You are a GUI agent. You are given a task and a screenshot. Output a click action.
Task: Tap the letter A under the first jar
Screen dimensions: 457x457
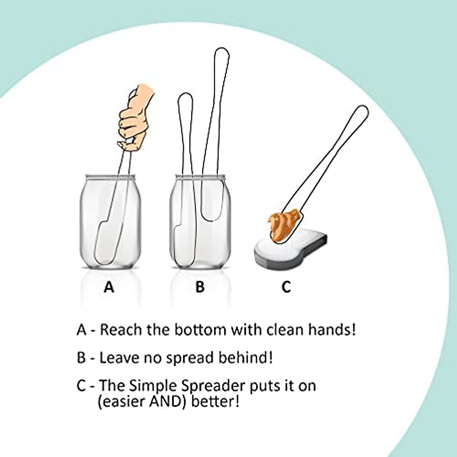pyautogui.click(x=109, y=287)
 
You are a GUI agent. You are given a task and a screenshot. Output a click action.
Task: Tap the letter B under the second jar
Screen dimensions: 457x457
pyautogui.click(x=200, y=287)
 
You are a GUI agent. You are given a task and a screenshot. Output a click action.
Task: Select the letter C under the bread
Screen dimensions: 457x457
pyautogui.click(x=286, y=287)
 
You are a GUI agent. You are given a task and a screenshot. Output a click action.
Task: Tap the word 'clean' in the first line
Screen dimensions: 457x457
pyautogui.click(x=276, y=329)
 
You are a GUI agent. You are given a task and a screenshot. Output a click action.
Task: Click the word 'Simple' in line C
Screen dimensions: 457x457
pyautogui.click(x=150, y=386)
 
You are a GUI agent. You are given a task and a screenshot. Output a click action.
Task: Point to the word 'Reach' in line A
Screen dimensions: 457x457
pyautogui.click(x=121, y=329)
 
